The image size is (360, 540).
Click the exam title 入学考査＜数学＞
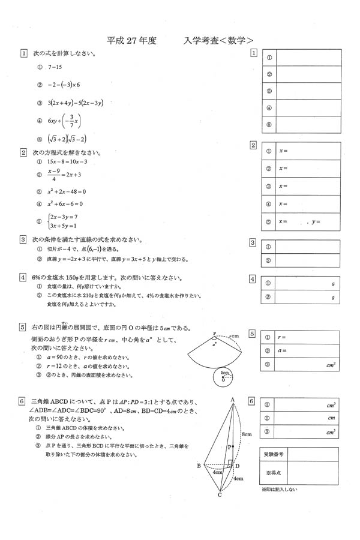click(219, 41)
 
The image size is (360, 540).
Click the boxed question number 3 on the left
click(23, 239)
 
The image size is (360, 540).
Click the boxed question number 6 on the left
click(23, 401)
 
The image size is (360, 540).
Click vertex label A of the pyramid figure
click(232, 399)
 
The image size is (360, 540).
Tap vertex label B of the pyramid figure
click(199, 466)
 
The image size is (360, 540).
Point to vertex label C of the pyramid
click(220, 495)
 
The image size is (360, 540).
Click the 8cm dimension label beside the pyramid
click(245, 433)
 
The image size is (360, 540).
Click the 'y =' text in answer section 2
click(316, 222)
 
